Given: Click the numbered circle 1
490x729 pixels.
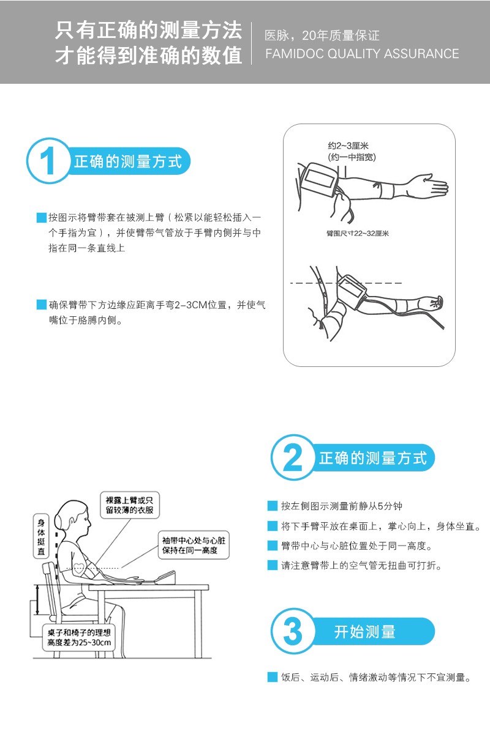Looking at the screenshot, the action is [x=48, y=161].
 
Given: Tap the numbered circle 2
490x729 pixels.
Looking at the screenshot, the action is [x=293, y=457].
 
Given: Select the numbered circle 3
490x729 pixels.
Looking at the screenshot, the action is [x=293, y=631].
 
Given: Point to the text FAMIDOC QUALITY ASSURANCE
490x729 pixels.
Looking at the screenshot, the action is [x=362, y=54].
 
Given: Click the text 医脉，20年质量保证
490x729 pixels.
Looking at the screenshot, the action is [x=322, y=35].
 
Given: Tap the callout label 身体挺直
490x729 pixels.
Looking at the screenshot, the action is [x=41, y=535].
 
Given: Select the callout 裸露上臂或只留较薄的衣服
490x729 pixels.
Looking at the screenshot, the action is [x=129, y=505].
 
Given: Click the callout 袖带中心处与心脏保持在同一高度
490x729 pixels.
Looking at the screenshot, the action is [x=194, y=545].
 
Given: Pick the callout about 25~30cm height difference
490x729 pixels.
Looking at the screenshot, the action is [x=79, y=637].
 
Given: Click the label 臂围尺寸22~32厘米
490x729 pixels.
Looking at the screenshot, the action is [x=357, y=234].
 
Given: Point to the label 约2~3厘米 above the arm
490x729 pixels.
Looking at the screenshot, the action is [x=348, y=146].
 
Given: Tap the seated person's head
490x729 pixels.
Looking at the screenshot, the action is [x=73, y=520].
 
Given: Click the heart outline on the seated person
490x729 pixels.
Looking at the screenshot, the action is [x=80, y=568].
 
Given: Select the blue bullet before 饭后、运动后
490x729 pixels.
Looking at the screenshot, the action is [x=273, y=677].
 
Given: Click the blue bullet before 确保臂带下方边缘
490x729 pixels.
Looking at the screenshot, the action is [x=42, y=305].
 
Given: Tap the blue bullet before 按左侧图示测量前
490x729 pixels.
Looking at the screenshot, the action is [x=273, y=505].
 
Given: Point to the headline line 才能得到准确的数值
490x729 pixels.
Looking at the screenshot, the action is [x=149, y=55].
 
